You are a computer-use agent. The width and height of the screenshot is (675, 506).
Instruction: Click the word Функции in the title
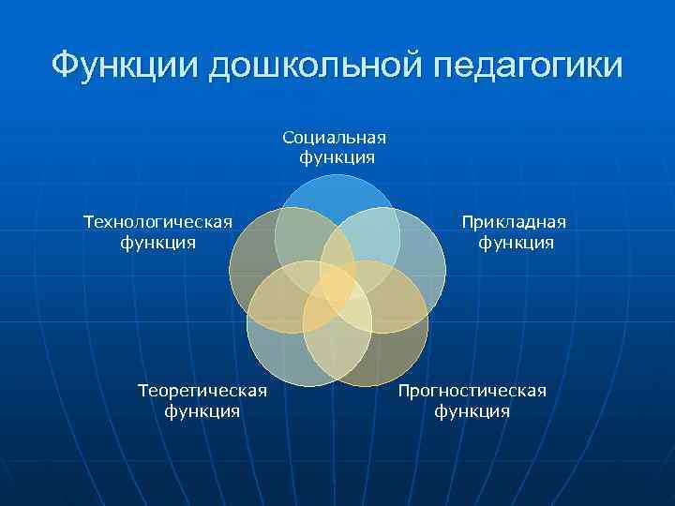[124, 65]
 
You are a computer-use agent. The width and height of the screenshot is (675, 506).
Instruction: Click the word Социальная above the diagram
[336, 138]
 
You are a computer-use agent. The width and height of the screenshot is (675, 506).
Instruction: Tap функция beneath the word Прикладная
[516, 243]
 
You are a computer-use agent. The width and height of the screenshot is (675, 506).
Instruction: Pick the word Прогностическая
[472, 390]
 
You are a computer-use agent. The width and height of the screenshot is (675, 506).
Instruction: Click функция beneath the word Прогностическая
[472, 410]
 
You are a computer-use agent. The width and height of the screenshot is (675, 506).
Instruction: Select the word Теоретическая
[202, 390]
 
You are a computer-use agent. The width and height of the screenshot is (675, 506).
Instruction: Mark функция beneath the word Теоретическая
[202, 410]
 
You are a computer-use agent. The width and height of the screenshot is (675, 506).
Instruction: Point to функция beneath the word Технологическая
[157, 243]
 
